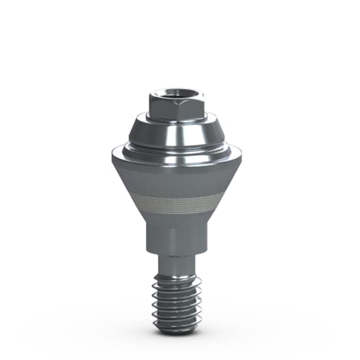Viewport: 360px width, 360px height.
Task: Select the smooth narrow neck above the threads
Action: pyautogui.click(x=177, y=264)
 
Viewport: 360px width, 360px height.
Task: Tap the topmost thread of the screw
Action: pyautogui.click(x=177, y=278)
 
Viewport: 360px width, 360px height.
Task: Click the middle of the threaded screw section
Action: pyautogui.click(x=177, y=298)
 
